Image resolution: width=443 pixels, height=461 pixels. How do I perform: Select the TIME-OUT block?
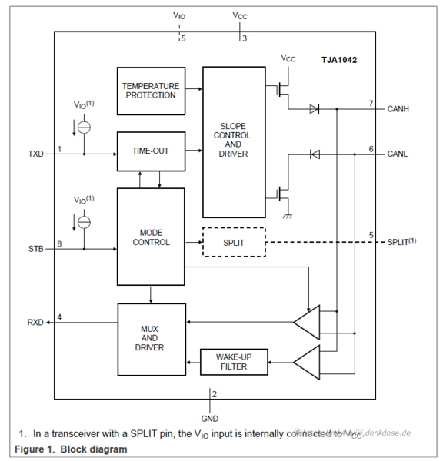click(151, 151)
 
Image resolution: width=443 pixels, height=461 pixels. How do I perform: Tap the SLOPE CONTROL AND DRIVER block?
click(234, 142)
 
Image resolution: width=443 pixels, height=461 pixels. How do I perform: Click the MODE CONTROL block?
click(151, 237)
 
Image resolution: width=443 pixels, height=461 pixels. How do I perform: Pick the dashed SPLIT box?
click(233, 242)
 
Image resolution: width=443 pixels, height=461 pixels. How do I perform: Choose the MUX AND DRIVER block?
click(151, 338)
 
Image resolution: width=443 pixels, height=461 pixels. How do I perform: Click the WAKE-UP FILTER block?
click(233, 362)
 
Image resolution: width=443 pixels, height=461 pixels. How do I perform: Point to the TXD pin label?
click(36, 154)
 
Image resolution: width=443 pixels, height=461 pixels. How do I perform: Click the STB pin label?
click(35, 248)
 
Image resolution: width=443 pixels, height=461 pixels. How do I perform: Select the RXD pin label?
click(36, 322)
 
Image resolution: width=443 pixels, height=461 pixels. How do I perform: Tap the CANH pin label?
click(398, 109)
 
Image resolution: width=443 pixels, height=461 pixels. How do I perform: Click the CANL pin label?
click(398, 154)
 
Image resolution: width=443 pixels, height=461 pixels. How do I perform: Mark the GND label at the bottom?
click(210, 419)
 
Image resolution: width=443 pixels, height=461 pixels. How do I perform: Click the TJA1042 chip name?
click(339, 59)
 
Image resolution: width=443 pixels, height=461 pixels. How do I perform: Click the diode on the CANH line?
click(314, 109)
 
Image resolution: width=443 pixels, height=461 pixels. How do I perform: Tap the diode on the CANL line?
click(314, 154)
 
